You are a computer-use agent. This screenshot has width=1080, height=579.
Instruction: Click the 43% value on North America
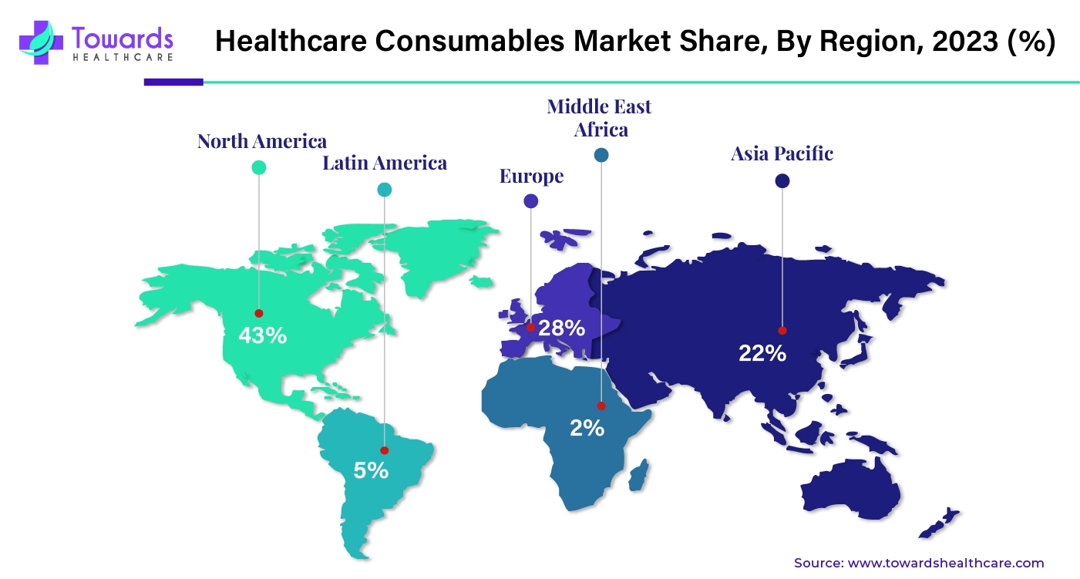tap(262, 335)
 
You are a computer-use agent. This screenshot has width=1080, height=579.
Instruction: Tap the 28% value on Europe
tap(561, 328)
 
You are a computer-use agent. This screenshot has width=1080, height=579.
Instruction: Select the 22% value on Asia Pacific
tap(762, 354)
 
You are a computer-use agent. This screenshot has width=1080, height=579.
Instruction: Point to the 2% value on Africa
tap(587, 427)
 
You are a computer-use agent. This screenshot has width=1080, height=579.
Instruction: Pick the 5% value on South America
tap(371, 470)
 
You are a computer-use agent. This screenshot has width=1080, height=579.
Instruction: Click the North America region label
tap(262, 141)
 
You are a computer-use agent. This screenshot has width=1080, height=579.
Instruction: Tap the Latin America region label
tap(385, 163)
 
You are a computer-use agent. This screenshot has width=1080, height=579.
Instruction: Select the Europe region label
tap(531, 177)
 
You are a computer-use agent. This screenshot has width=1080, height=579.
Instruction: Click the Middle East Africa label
tap(600, 117)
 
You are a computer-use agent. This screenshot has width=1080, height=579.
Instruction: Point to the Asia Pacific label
tap(782, 153)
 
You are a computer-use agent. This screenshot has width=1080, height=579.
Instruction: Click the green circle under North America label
tap(259, 167)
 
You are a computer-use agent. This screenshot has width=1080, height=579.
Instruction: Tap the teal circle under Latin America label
tap(384, 190)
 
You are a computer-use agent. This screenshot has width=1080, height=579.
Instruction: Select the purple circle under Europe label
tap(530, 201)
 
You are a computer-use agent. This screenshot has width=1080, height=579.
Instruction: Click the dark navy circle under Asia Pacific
tap(782, 181)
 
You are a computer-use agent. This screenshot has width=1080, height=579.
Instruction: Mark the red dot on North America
tap(259, 313)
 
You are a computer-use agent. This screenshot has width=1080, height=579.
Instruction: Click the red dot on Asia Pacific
tap(782, 331)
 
